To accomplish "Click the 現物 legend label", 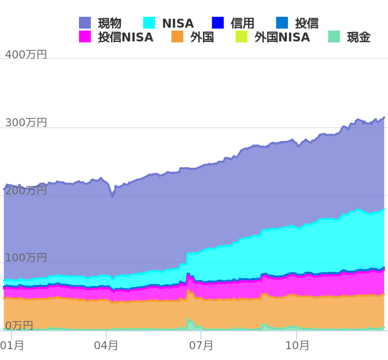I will pos(110,23).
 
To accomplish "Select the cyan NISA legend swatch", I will pos(149,23).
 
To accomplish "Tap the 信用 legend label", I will pos(242,23).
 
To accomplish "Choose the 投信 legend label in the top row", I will pos(307,23).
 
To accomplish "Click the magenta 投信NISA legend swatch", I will pos(85,36).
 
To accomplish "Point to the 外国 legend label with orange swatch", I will pos(202,37).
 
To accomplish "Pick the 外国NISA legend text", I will pos(282,37).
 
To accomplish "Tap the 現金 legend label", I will pos(358,37).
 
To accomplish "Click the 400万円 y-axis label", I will pos(26,54).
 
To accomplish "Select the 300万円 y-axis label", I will pos(26,122).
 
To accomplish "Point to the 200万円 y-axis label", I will pos(26,190).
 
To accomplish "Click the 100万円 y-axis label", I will pos(26,257).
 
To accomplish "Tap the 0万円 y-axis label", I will pos(19,325).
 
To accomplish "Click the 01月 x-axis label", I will pos(12,345).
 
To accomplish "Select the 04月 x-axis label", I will pos(106,345).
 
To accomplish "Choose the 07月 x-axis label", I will pos(201,345).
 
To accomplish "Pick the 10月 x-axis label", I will pos(297,345).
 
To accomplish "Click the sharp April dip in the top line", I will pos(113,196).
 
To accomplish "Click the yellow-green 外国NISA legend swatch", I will pos(241,36).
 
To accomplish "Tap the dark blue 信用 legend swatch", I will pos(218,23).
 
